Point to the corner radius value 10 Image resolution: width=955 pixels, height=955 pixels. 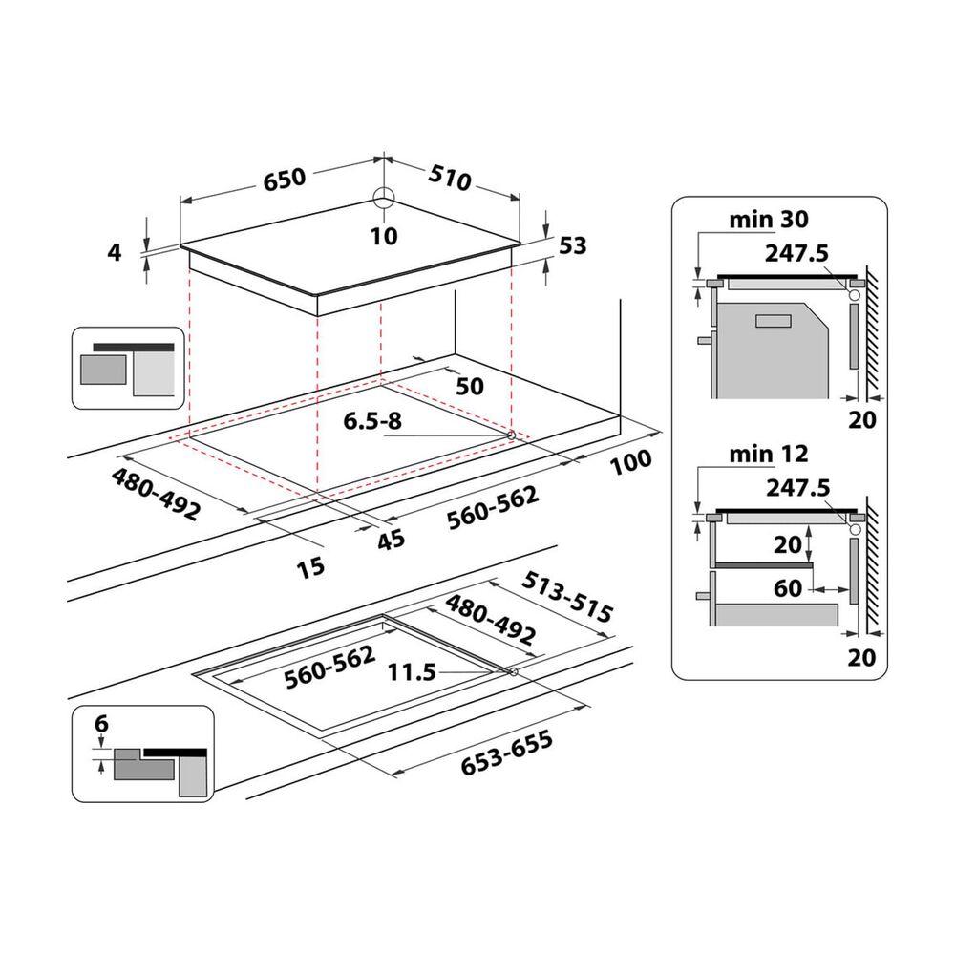tap(384, 235)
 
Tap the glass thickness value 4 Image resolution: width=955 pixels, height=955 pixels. tap(115, 253)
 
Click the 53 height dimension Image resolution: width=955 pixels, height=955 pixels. tap(571, 245)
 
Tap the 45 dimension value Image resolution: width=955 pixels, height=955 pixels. tap(390, 539)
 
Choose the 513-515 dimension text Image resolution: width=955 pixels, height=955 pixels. tap(568, 598)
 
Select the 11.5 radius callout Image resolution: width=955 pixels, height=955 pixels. tap(413, 672)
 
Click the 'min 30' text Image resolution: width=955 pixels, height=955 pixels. tap(769, 220)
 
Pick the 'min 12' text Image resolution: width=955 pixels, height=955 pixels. tap(769, 454)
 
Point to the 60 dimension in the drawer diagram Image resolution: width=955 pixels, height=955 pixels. tap(789, 588)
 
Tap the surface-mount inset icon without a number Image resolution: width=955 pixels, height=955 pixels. tap(127, 368)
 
